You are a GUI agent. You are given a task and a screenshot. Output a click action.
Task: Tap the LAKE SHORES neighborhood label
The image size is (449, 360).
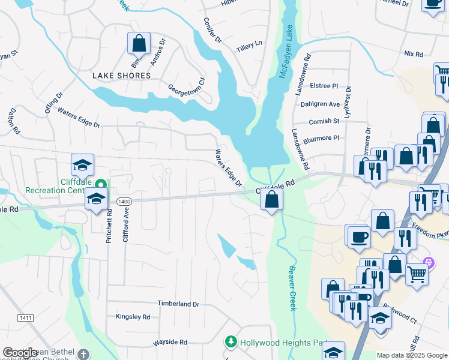121,76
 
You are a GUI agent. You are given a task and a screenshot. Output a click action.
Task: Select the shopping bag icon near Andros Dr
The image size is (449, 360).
139,44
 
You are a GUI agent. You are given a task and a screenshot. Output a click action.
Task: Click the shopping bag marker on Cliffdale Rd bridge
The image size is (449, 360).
272,200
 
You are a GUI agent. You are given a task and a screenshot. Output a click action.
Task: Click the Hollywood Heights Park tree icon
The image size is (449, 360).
230,342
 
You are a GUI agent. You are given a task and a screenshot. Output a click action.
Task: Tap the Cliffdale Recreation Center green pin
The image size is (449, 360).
101,184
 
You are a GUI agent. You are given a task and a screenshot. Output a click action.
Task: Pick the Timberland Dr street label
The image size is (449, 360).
178,304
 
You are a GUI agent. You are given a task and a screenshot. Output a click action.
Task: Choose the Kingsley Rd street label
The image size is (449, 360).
133,316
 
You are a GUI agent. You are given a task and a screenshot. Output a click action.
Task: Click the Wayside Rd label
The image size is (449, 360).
170,341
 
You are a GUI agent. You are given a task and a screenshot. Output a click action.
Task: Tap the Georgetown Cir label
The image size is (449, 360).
187,87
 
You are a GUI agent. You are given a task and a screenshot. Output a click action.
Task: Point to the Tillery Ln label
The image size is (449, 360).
250,45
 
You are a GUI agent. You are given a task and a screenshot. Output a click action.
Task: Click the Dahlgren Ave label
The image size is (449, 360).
320,104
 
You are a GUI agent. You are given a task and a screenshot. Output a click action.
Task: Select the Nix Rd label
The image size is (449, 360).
414,53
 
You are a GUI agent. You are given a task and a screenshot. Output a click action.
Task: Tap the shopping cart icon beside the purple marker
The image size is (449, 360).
417,275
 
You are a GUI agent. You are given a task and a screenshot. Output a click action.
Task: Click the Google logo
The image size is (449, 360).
20,353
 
